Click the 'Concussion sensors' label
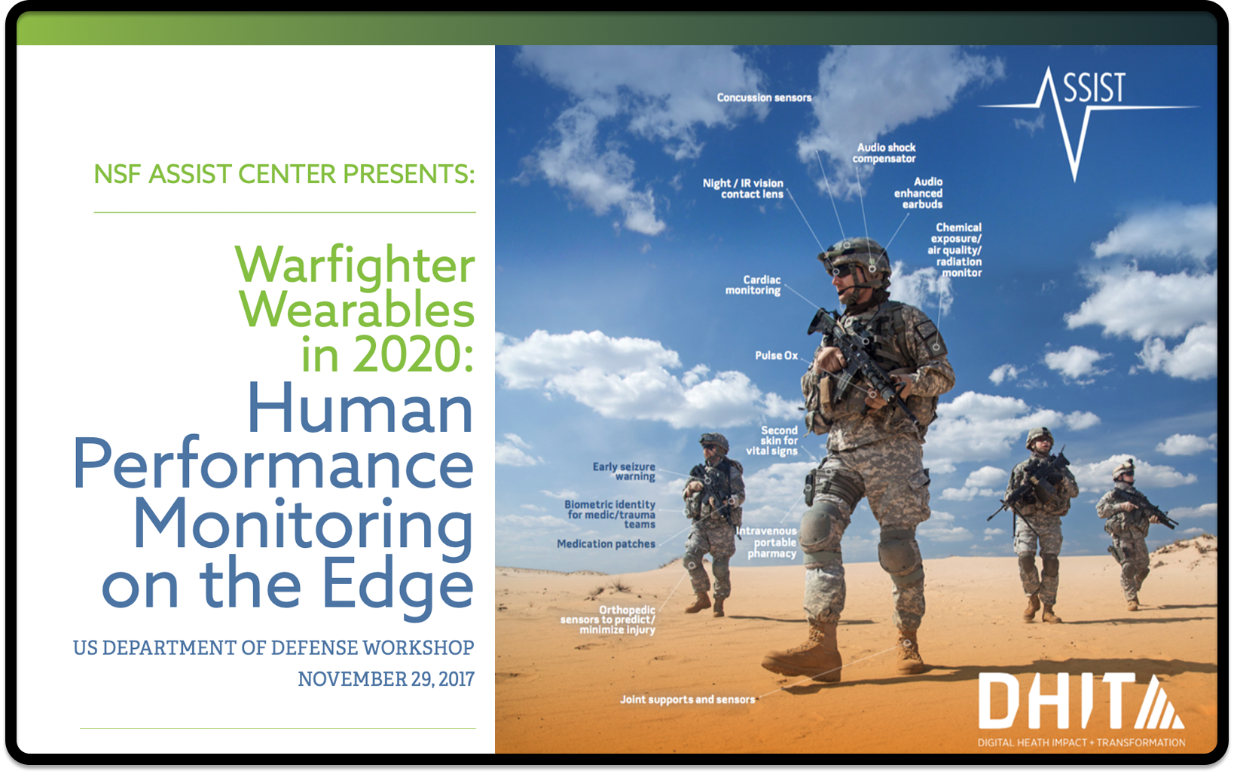(x=764, y=97)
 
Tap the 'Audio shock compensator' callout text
(x=884, y=153)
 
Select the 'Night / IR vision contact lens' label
(x=743, y=188)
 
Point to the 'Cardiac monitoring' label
(x=753, y=285)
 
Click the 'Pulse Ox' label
(x=776, y=356)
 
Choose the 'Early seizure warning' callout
(x=624, y=471)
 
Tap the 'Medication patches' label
(x=606, y=544)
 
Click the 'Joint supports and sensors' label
(x=688, y=699)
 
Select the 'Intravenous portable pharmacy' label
(x=767, y=543)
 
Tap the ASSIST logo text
(x=1094, y=88)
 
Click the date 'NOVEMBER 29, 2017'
(x=386, y=679)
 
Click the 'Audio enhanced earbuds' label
(x=918, y=193)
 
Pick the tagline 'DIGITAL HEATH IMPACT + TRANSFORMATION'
(x=1081, y=743)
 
